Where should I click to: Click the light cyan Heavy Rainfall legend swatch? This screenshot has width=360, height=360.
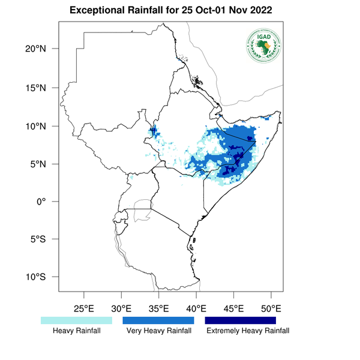76,320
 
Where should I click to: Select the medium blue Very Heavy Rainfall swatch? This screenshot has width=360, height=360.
158,320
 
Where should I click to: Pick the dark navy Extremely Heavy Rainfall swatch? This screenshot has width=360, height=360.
241,320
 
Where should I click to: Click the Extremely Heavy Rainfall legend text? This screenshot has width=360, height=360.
247,331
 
